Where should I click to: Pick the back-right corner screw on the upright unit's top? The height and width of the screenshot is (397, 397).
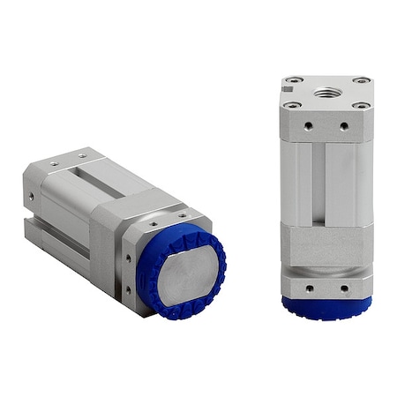[x=361, y=81]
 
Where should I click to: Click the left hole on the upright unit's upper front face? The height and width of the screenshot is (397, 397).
[x=308, y=126]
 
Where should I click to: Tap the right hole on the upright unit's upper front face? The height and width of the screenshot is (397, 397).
[x=343, y=126]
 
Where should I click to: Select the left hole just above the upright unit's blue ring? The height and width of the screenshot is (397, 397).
[x=309, y=287]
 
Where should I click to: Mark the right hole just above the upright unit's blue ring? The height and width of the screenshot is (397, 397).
[x=344, y=287]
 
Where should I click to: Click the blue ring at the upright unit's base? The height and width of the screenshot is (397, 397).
[x=326, y=304]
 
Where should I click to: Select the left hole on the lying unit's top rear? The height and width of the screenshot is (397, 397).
[x=53, y=162]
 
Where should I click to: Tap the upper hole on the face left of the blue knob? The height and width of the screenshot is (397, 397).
[x=128, y=258]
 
